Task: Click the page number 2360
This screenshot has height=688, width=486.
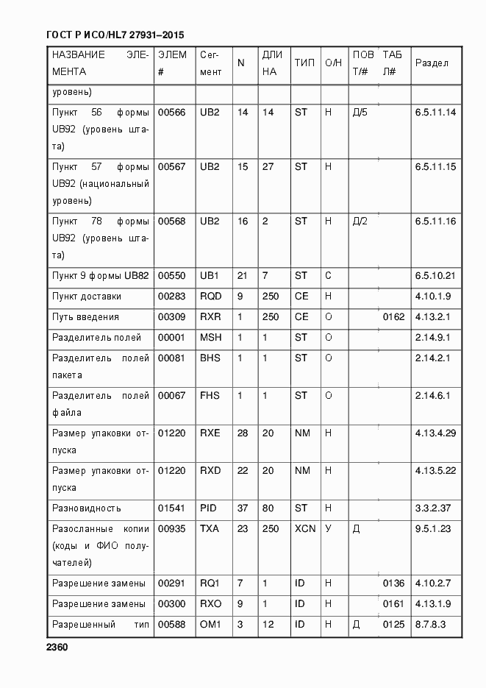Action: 57,648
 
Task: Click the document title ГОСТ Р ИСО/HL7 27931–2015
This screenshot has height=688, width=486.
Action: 115,35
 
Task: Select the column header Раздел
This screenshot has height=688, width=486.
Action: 432,63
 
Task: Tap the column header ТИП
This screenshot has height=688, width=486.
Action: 304,63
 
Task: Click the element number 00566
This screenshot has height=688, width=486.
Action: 172,112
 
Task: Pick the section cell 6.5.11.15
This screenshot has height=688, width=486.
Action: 435,167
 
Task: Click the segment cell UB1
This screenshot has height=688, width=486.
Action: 210,276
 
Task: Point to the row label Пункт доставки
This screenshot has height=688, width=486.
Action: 87,297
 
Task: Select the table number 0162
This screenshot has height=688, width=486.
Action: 394,317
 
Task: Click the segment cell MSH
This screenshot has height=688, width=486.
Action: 210,338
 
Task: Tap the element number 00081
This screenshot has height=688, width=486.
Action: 172,358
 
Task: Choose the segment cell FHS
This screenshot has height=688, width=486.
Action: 210,396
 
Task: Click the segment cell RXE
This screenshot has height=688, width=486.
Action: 210,433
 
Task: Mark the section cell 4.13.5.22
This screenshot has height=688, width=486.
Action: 435,471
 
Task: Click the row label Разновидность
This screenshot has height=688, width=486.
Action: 87,508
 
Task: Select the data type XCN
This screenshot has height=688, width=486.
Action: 304,529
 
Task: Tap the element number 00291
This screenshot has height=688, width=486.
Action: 172,584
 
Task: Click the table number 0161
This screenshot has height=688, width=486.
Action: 394,604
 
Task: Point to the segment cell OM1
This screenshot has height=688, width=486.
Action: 210,625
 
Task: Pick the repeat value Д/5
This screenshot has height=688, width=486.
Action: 360,112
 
